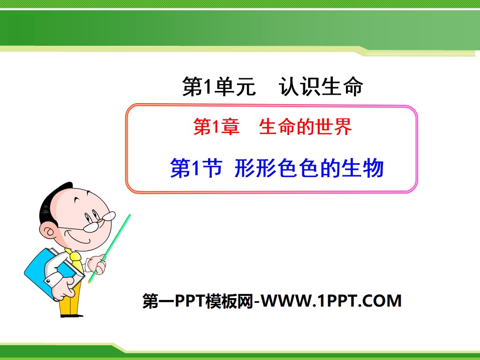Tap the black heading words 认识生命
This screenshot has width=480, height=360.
pos(321,87)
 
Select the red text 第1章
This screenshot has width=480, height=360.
pos(216,127)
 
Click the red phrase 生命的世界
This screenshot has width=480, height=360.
pos(305,127)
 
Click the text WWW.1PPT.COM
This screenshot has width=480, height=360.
pos(332,300)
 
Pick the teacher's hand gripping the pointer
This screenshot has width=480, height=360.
pos(98,265)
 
